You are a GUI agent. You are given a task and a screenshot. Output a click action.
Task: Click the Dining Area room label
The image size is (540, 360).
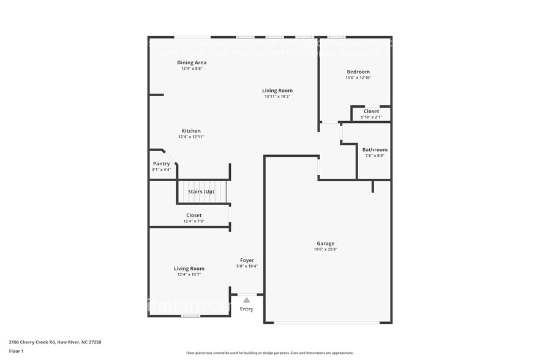click(192, 62)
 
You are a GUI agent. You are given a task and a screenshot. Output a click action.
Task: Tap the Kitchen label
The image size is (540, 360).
click(191, 130)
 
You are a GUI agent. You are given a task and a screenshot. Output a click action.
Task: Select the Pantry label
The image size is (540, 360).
click(162, 163)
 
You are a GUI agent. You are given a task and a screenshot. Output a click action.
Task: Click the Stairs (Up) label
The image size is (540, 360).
click(201, 191)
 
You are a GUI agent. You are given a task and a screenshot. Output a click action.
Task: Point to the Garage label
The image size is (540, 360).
click(325, 243)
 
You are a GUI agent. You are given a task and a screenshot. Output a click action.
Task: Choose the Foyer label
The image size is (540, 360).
click(247, 260)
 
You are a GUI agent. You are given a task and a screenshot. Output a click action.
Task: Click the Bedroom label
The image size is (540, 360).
click(358, 72)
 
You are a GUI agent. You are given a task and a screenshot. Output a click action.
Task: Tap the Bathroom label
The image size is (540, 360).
click(375, 149)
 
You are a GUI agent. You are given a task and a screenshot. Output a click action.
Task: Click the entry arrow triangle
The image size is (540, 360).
click(246, 300)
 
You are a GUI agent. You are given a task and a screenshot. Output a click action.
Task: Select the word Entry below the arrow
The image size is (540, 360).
click(246, 309)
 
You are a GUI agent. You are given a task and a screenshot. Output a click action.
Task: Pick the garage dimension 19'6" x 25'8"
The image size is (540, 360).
click(325, 249)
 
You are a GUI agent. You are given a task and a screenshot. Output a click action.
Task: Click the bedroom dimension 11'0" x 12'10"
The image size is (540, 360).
click(358, 78)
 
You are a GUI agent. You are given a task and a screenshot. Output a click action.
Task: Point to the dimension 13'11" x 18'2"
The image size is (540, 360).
click(277, 96)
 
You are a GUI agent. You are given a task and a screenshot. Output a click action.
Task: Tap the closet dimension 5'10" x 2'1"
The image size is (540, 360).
click(371, 117)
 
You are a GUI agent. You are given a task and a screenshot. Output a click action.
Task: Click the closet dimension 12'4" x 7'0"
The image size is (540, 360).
click(194, 221)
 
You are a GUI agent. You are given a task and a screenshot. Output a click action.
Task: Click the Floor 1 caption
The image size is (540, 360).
click(17, 351)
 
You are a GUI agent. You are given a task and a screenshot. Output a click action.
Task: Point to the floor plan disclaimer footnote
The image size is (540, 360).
click(269, 353)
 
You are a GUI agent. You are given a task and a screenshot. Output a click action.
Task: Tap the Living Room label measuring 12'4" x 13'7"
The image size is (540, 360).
click(189, 268)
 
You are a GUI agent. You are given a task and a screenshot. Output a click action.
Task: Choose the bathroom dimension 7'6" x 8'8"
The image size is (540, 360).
click(375, 156)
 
